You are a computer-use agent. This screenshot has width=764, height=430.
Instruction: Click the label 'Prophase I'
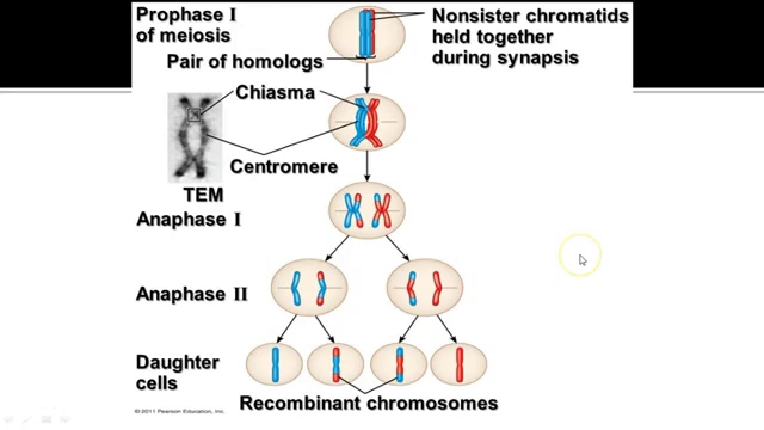click(186, 15)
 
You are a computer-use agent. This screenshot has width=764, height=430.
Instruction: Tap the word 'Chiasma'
click(275, 93)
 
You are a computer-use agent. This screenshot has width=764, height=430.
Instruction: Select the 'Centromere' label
click(284, 166)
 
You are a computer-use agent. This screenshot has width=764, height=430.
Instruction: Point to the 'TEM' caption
click(204, 195)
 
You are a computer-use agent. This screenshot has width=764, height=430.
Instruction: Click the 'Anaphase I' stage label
click(189, 219)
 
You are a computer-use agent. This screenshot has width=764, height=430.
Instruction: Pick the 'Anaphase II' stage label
click(191, 294)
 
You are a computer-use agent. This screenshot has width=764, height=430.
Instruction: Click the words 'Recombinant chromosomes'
click(368, 403)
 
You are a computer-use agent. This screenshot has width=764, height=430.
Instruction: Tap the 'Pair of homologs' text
click(244, 62)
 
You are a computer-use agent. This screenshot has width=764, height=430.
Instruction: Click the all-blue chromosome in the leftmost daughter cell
click(275, 364)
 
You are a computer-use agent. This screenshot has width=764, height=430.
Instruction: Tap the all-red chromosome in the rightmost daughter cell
click(459, 364)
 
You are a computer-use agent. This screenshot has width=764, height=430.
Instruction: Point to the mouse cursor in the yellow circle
click(582, 259)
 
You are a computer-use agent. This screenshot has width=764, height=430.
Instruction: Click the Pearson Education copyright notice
click(179, 411)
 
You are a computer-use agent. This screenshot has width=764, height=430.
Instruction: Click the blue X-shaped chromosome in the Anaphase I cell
click(353, 211)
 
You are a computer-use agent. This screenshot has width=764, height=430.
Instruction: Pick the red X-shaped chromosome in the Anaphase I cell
click(381, 211)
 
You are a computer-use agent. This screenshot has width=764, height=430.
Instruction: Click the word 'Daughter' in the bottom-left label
click(177, 363)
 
